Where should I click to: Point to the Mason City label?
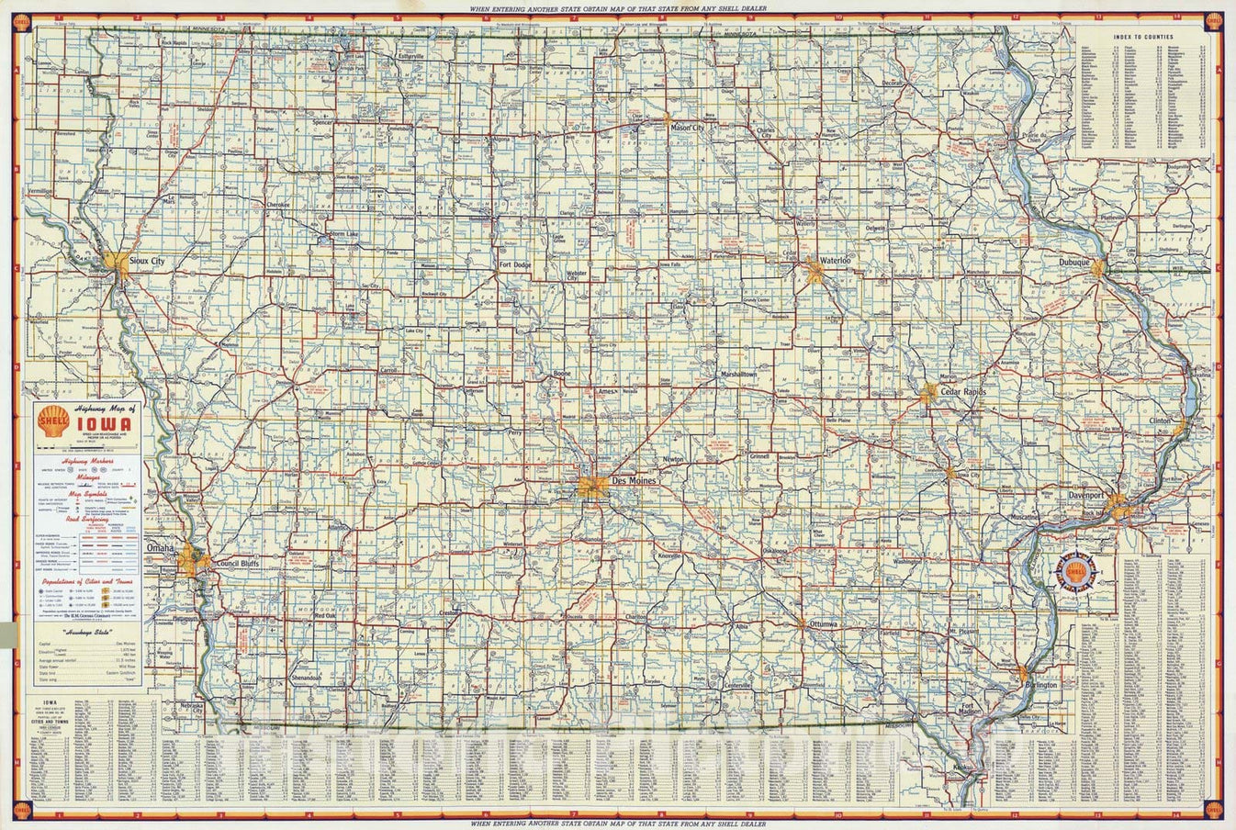click(x=688, y=127)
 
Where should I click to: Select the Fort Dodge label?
click(x=515, y=265)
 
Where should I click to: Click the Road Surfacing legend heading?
click(x=85, y=518)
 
